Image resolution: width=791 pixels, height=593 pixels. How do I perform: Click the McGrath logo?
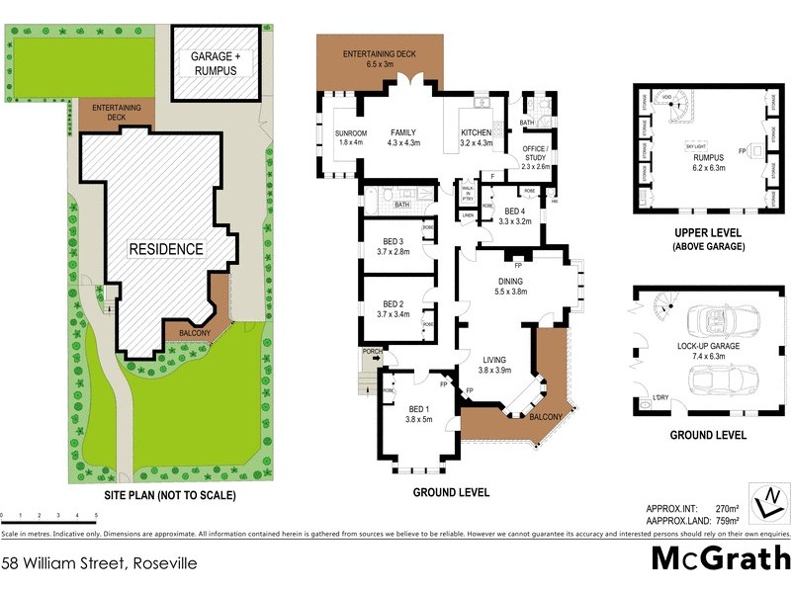pos(719,558)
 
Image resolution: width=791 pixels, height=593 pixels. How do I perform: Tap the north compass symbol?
pos(765,504)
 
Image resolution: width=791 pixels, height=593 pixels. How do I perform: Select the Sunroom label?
pos(338,137)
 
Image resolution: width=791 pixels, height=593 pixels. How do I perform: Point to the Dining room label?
pos(518,286)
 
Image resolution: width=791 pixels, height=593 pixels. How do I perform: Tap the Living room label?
pos(494,364)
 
